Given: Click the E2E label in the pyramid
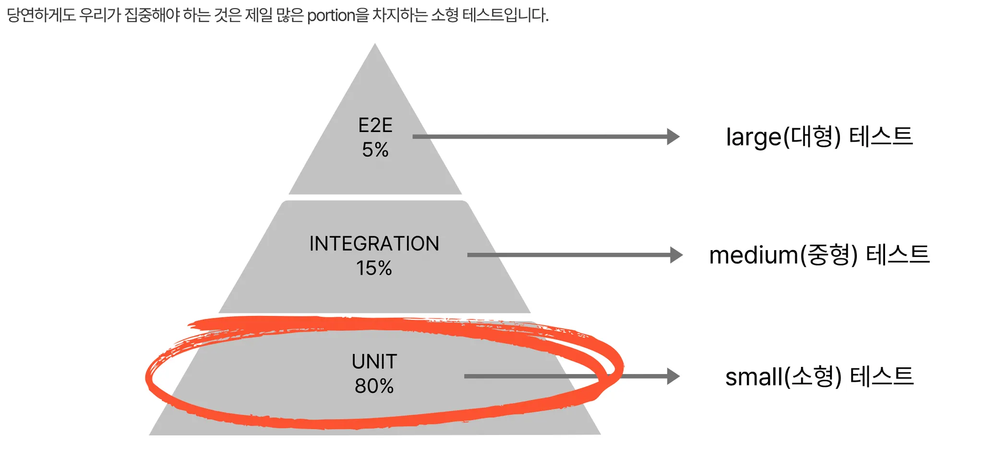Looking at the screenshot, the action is click(375, 126).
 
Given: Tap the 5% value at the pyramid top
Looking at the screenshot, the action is click(375, 150).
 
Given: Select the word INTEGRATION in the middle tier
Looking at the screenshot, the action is click(374, 244).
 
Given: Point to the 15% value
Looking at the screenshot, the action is click(374, 268).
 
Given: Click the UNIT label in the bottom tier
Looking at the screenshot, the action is click(374, 362).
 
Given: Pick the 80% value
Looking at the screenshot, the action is click(374, 386).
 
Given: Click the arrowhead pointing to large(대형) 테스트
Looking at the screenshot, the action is click(673, 136).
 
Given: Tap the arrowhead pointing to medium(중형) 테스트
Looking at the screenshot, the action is click(676, 255).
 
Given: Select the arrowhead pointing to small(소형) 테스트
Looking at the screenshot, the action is click(673, 376).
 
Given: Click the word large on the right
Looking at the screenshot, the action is click(754, 137).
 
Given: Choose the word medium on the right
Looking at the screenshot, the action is click(754, 255).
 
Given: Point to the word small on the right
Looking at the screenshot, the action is click(754, 377).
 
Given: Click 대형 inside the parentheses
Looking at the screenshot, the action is click(812, 137).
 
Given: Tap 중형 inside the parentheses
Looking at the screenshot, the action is click(828, 255).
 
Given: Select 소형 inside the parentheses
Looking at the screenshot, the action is click(813, 376).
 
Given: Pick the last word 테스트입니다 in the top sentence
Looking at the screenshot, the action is click(505, 15).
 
